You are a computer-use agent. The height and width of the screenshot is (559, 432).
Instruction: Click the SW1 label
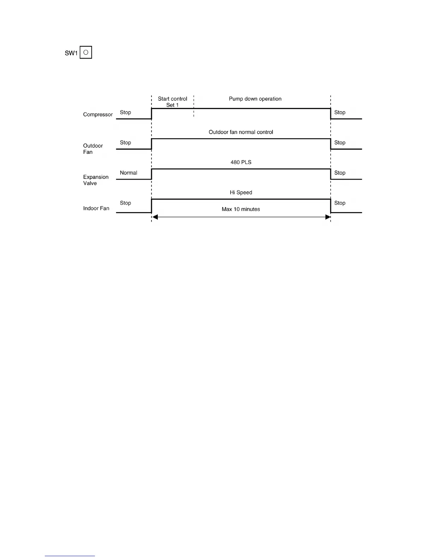click(71, 53)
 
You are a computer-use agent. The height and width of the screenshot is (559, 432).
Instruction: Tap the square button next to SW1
click(86, 53)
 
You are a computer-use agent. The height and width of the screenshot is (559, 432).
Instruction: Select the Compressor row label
click(98, 115)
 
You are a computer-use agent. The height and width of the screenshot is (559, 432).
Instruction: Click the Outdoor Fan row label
click(93, 149)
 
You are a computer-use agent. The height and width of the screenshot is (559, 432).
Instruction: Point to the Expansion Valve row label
click(96, 180)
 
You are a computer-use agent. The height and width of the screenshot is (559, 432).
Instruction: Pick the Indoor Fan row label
click(96, 209)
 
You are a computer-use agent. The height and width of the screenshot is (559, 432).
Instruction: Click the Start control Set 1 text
click(172, 102)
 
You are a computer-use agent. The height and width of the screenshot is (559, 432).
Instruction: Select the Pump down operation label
click(255, 99)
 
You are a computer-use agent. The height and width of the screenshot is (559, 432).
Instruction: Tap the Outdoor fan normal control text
click(241, 132)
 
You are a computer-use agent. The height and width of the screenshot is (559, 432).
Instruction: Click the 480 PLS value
click(241, 162)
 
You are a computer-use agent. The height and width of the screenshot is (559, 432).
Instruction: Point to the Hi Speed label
click(241, 193)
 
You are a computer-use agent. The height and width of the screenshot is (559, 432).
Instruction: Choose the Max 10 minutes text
click(241, 209)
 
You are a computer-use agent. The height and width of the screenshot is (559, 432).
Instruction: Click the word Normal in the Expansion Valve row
click(128, 173)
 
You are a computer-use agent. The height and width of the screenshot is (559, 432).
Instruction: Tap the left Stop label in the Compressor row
click(125, 113)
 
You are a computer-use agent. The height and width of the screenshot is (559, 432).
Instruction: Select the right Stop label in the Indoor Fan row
click(340, 203)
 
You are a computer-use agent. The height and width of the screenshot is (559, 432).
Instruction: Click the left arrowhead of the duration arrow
click(155, 217)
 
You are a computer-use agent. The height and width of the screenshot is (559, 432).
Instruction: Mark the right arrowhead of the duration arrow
click(328, 217)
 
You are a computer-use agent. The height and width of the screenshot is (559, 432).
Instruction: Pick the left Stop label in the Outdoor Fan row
click(125, 143)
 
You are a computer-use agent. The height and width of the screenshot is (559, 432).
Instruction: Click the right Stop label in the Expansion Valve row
click(340, 173)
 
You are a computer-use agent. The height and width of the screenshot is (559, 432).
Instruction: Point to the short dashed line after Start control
click(194, 106)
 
